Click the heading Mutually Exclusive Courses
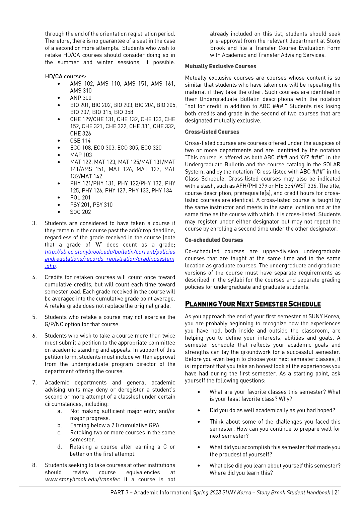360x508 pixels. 220,66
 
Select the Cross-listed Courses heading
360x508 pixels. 212,132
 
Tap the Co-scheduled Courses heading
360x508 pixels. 214,240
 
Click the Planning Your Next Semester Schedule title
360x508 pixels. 253,304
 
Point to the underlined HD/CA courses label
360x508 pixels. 66,77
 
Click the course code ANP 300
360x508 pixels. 81,98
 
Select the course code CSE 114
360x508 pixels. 80,141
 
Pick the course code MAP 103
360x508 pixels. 81,155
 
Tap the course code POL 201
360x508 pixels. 80,197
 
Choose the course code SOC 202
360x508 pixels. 80,212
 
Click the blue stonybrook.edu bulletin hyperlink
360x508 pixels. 110,259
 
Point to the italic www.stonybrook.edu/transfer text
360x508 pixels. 82,479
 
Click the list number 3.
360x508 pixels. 34,223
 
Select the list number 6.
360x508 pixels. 34,336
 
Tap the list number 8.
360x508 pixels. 34,465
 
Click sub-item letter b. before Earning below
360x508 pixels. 60,425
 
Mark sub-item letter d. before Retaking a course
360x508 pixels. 60,447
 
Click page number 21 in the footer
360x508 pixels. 337,492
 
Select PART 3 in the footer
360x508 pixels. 120,492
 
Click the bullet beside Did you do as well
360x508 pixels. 199,411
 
